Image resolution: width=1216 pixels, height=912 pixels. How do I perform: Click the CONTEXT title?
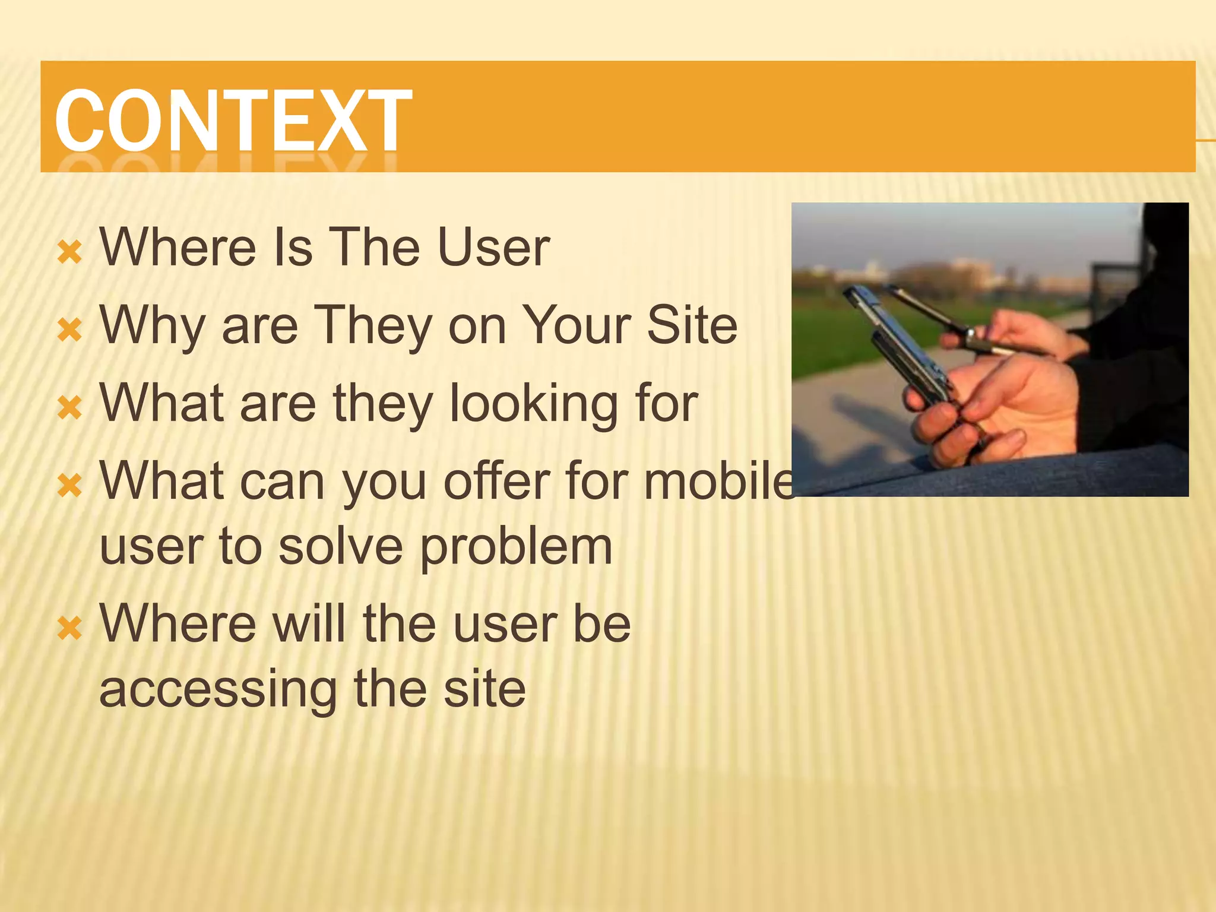click(x=233, y=120)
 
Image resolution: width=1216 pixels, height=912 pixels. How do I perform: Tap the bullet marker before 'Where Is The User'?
click(x=69, y=252)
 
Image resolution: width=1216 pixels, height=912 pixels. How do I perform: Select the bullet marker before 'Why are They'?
click(x=69, y=330)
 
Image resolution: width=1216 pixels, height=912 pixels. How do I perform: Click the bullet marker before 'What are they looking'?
click(x=69, y=408)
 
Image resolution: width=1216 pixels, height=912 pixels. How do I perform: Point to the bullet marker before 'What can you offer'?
click(x=69, y=486)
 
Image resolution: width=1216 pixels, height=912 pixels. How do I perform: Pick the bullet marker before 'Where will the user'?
click(x=69, y=628)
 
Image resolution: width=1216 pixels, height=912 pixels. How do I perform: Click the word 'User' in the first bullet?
click(x=493, y=247)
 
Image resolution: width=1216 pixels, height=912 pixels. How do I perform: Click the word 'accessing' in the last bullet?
click(x=217, y=690)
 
